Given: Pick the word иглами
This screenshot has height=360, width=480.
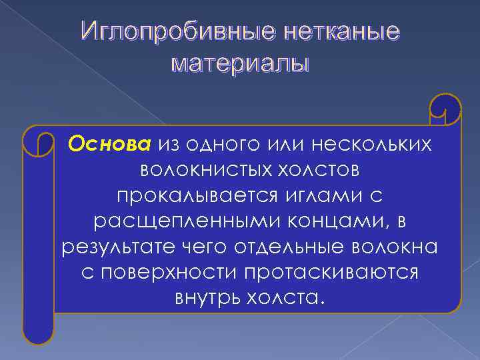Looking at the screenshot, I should tap(319, 195).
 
